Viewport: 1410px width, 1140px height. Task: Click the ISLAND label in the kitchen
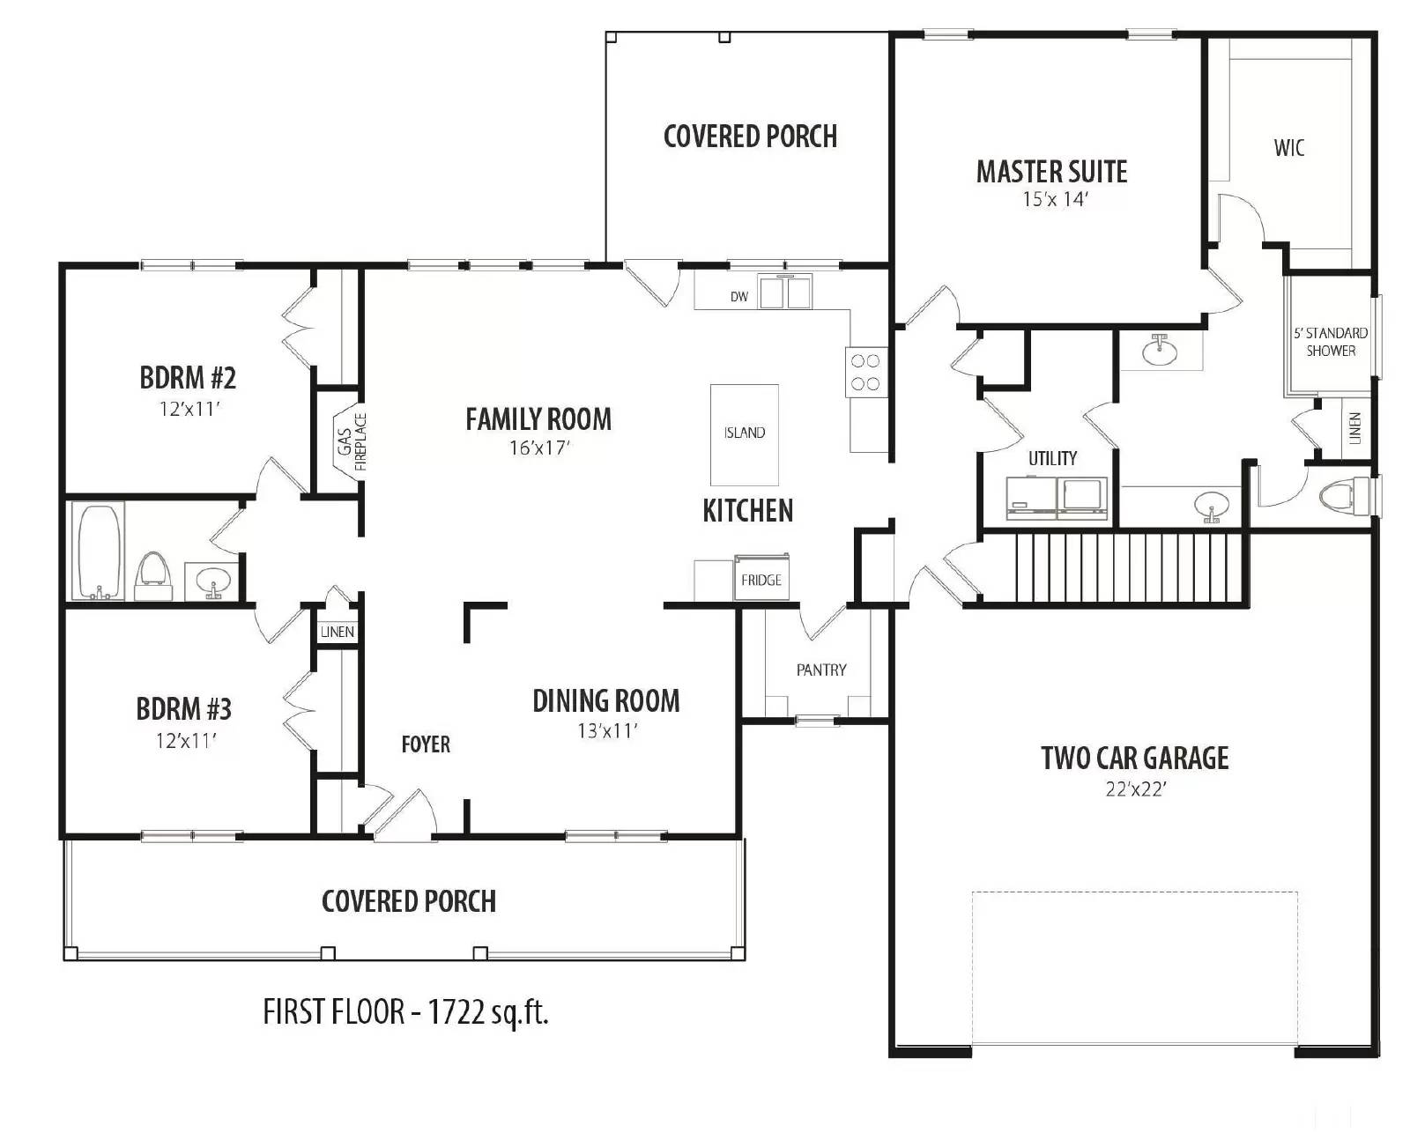[744, 433]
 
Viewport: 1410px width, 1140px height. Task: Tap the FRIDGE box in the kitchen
[761, 578]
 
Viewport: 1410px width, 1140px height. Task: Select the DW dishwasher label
[739, 297]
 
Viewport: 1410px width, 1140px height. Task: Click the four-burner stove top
[866, 372]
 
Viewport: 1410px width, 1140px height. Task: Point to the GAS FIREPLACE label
[352, 441]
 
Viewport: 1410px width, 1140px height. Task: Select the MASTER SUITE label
[1052, 172]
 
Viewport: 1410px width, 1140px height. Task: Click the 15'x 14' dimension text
[1055, 199]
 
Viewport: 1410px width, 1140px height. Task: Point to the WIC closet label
[1289, 147]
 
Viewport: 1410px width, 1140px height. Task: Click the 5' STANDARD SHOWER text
[1331, 342]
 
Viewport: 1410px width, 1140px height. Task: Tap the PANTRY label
[820, 670]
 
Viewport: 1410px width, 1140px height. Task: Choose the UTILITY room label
[1052, 458]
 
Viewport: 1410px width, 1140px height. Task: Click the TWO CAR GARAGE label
[1135, 759]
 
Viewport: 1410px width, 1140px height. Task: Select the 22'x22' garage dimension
[1135, 789]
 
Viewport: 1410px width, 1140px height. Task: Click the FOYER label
[426, 744]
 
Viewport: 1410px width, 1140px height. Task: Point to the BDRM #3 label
[184, 708]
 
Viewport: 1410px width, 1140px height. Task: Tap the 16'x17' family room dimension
[539, 448]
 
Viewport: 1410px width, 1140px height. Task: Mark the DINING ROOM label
[605, 701]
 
